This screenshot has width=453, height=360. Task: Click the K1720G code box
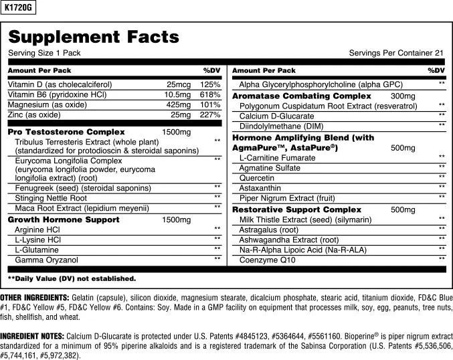18,7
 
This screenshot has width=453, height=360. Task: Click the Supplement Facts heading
94,37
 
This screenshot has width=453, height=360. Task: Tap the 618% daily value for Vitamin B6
210,95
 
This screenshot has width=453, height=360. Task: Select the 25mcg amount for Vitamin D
179,85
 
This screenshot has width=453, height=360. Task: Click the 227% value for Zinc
210,115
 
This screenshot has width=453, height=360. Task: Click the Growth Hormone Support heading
64,219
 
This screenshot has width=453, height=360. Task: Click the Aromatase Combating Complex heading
301,96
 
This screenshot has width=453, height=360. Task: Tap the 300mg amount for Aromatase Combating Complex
403,96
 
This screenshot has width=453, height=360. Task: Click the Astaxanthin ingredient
260,188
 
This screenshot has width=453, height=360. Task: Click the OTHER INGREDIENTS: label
34,297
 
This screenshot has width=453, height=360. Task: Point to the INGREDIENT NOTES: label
33,335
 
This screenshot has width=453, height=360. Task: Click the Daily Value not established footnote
72,278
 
